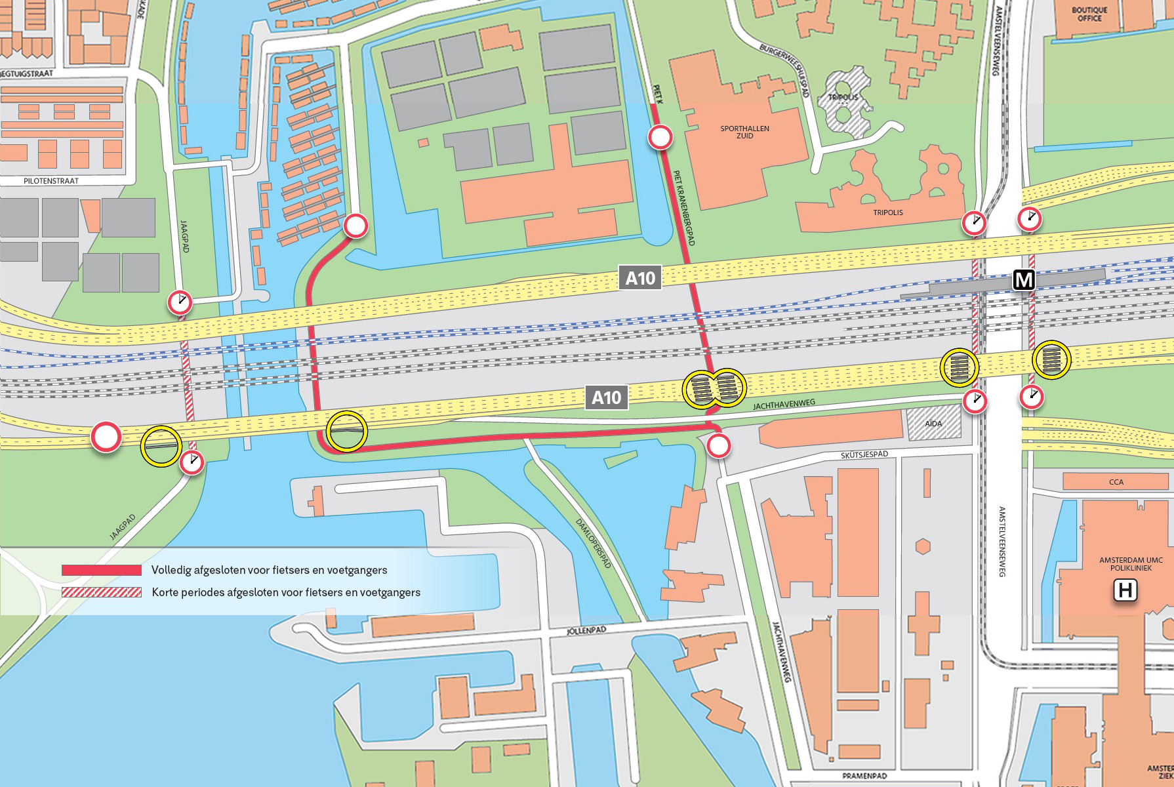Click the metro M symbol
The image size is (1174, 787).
[x=1023, y=280]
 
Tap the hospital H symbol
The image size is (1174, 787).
[x=1125, y=591]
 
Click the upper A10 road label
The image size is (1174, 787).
[x=639, y=278]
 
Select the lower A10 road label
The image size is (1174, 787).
[x=606, y=397]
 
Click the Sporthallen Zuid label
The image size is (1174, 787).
[x=744, y=132]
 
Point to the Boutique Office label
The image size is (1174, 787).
[x=1089, y=14]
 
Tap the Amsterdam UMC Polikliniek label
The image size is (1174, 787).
[x=1131, y=564]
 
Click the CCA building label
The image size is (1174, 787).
[x=1116, y=482]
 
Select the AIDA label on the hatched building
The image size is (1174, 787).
[x=933, y=424]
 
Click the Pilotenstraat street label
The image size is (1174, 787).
[x=51, y=181]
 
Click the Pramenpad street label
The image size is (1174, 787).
[x=864, y=776]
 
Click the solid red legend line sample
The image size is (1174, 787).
[x=102, y=570]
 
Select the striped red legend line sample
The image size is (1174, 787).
[x=102, y=592]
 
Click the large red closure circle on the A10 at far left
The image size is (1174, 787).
[x=106, y=437]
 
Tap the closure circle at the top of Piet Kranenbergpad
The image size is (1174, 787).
[x=660, y=138]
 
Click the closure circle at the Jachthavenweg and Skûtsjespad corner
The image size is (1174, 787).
[x=719, y=447]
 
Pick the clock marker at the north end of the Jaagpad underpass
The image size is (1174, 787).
[x=180, y=302]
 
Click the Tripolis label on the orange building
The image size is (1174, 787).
[x=888, y=212]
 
